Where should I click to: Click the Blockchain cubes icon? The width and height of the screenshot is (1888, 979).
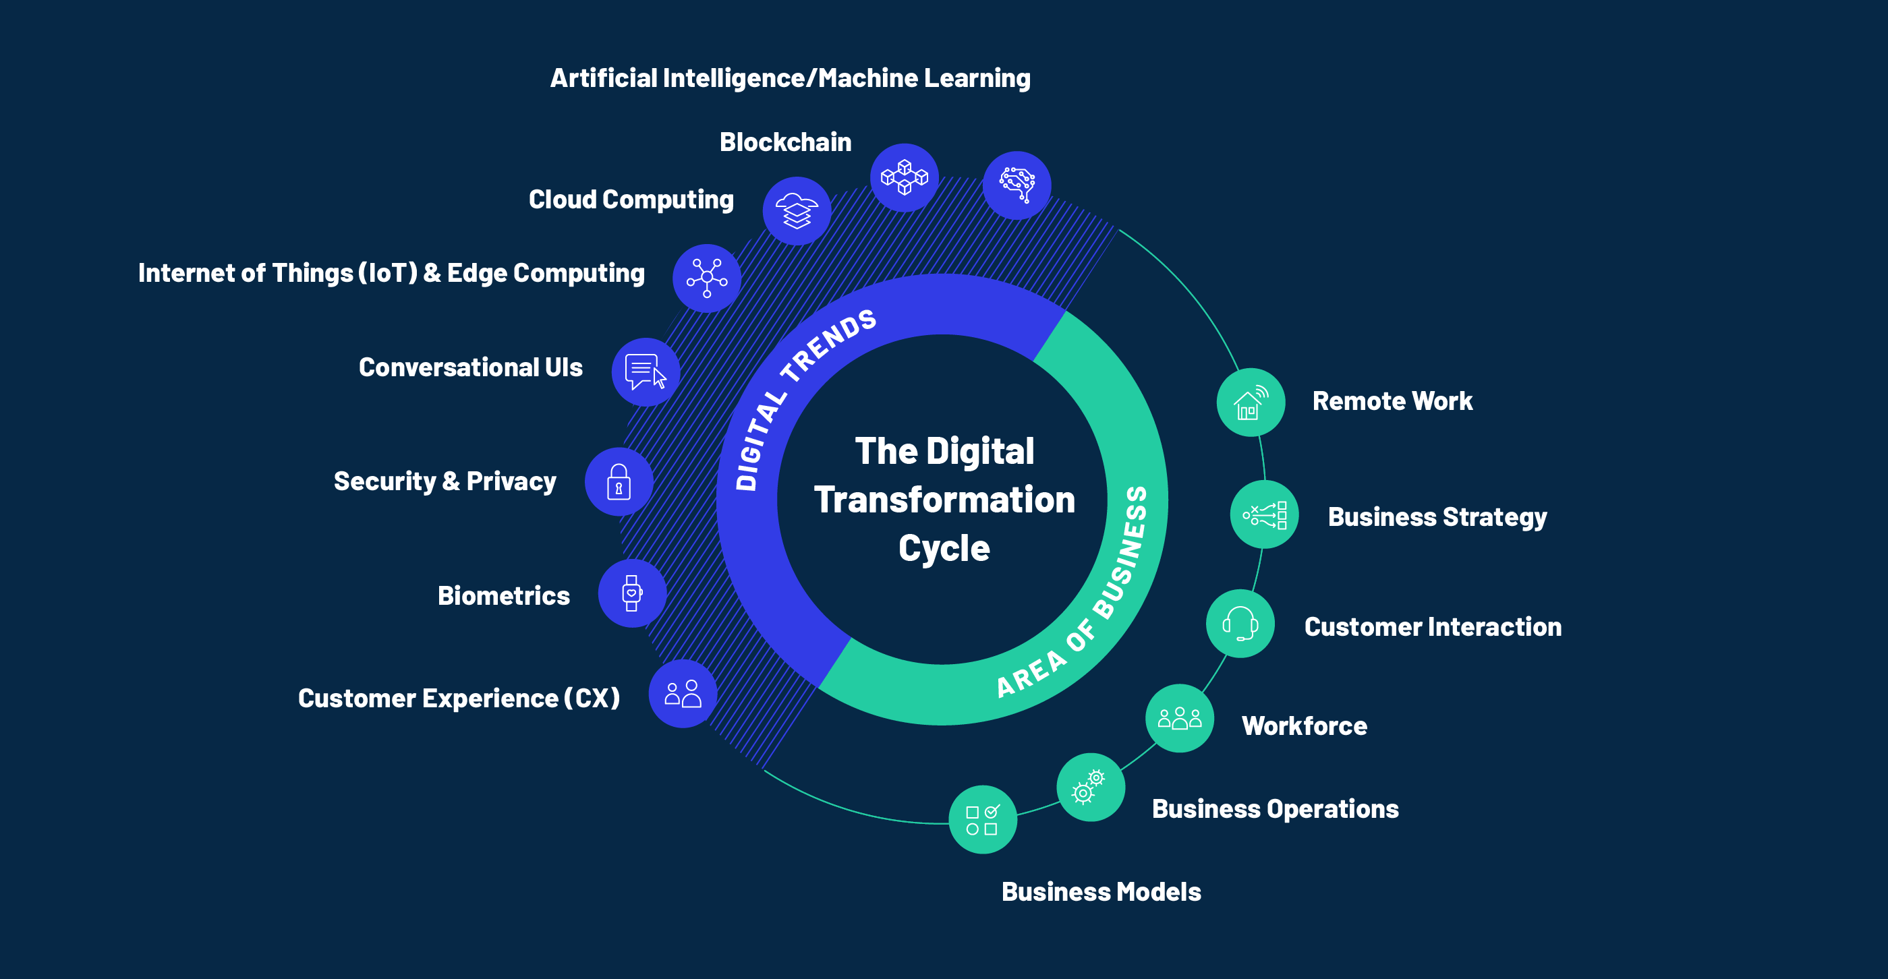[905, 177]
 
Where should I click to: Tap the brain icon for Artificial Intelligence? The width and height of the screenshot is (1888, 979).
[1017, 185]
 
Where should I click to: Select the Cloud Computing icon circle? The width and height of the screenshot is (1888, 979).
[797, 211]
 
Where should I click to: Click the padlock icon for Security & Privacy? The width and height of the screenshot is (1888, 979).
[619, 482]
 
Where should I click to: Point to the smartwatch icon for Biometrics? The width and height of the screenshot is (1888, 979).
[632, 593]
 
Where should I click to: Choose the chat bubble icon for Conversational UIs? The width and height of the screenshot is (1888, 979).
[646, 372]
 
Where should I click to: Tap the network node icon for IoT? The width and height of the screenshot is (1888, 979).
[706, 278]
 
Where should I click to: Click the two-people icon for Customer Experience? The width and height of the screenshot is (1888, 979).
[683, 694]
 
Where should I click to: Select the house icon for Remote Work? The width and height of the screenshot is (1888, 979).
[1251, 403]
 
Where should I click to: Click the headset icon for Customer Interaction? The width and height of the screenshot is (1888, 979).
[1240, 624]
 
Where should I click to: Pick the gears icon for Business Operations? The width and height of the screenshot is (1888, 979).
[1090, 787]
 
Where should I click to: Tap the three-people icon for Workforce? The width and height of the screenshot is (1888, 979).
[1179, 718]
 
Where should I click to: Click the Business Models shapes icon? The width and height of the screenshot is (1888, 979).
[982, 820]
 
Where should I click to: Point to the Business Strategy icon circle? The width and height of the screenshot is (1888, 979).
[1264, 514]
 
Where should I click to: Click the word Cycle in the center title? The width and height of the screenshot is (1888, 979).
[944, 548]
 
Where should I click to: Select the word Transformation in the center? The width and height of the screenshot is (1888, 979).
[944, 500]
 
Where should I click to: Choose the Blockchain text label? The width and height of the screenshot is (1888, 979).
[785, 142]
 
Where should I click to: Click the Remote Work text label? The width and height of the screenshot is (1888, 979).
[1392, 402]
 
